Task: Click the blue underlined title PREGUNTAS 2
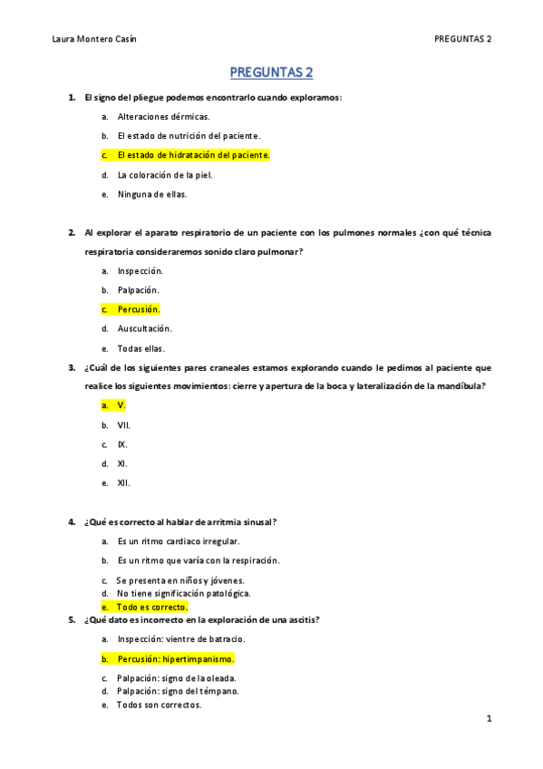click(271, 72)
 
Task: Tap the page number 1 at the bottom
click(489, 719)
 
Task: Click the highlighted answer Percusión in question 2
click(138, 309)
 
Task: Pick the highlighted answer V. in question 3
click(121, 405)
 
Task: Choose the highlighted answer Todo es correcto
click(151, 607)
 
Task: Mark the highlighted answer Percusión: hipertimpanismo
click(175, 658)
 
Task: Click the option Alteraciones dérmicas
click(163, 116)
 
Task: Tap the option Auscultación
click(144, 328)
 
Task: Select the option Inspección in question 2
click(140, 270)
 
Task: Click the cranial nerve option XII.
click(124, 482)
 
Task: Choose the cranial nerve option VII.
click(124, 424)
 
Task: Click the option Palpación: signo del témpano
click(177, 691)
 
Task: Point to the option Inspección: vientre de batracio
click(180, 639)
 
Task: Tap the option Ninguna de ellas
click(152, 193)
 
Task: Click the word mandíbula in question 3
click(461, 386)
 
